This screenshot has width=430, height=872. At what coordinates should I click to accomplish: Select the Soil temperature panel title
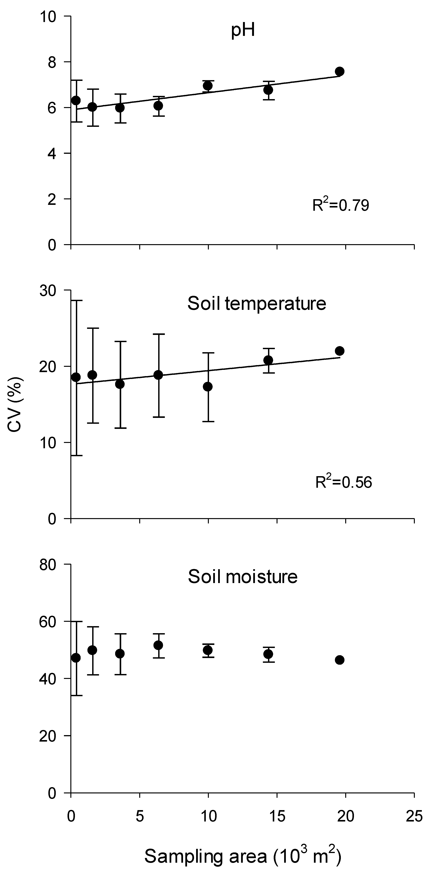click(256, 304)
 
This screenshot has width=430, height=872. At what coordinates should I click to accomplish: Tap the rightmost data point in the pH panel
click(340, 71)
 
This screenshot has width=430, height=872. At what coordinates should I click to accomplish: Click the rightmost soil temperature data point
click(340, 351)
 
